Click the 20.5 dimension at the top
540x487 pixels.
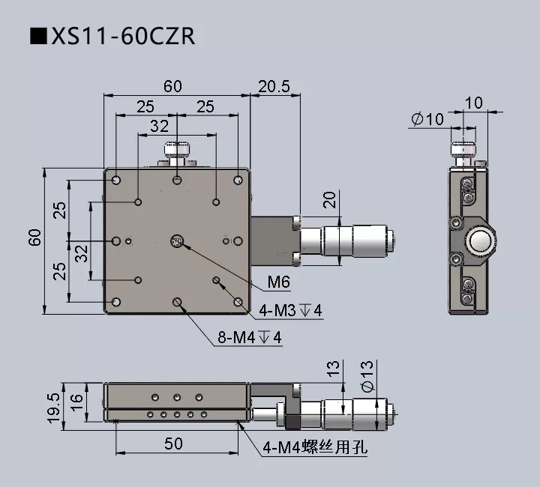[x=274, y=86]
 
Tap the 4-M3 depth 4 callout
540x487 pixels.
[x=291, y=310]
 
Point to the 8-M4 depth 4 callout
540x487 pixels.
[x=250, y=338]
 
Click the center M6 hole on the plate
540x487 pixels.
[x=177, y=241]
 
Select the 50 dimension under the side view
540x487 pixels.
[x=173, y=444]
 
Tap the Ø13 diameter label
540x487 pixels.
[x=367, y=376]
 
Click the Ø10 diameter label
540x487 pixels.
[x=428, y=119]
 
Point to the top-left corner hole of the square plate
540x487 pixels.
[x=117, y=181]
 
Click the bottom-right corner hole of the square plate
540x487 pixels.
[x=238, y=302]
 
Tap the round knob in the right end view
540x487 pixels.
[x=479, y=241]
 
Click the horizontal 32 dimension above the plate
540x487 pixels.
[x=159, y=127]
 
